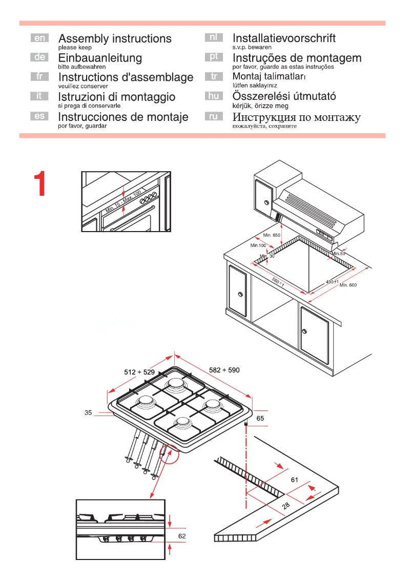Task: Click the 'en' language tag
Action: (x=39, y=38)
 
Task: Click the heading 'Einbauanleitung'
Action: (x=100, y=58)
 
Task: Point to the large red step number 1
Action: (x=40, y=184)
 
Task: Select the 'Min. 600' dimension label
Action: (x=348, y=285)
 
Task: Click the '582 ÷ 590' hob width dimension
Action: (x=224, y=369)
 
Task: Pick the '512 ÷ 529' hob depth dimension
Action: (x=139, y=372)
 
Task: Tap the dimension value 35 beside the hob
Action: (x=88, y=412)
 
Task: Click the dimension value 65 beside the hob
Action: (x=260, y=419)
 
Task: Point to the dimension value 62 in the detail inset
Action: (x=182, y=536)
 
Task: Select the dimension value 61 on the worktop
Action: (x=294, y=480)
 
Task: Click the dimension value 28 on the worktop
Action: (x=286, y=506)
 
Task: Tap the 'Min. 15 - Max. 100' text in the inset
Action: (x=123, y=201)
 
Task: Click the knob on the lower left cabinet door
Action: (x=240, y=295)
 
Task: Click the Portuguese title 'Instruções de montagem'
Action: (x=297, y=58)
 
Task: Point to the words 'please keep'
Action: (x=75, y=47)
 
